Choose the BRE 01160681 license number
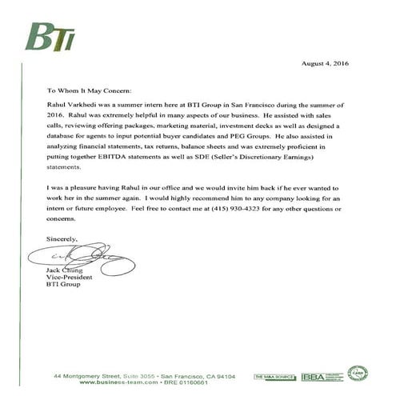click(174, 382)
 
